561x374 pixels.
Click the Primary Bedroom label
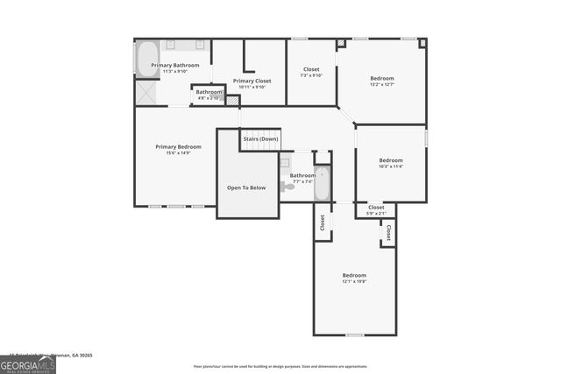pos(174,146)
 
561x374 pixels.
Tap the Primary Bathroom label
pos(175,65)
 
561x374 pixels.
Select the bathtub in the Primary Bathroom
pos(146,60)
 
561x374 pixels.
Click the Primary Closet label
pos(252,81)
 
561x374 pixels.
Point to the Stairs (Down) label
pos(261,138)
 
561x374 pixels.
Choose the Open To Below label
pos(246,187)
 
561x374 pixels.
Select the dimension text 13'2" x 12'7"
pos(382,85)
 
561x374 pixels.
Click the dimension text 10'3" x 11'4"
pos(391,166)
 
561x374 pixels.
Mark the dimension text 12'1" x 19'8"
pos(354,281)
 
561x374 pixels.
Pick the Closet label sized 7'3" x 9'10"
pos(312,69)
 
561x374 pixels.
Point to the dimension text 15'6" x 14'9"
pos(174,153)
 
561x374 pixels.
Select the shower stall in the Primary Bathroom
pos(146,93)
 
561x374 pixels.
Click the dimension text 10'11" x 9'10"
pos(252,87)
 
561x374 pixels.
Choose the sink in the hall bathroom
pos(285,163)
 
